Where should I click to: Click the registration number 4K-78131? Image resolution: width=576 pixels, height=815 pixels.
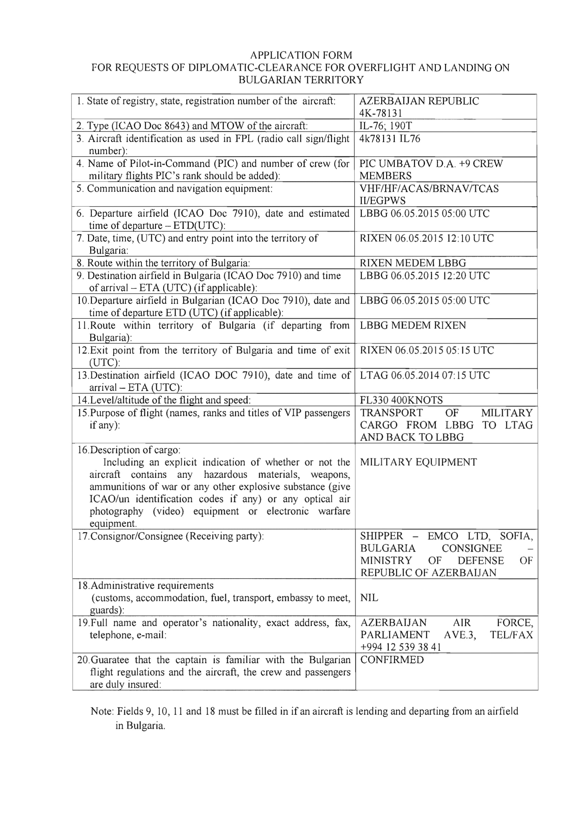381,113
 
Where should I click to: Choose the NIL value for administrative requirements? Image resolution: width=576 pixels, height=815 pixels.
369,598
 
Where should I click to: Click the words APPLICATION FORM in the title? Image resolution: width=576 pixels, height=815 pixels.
301,55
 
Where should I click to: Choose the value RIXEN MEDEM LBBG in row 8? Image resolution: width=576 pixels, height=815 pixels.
413,263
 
